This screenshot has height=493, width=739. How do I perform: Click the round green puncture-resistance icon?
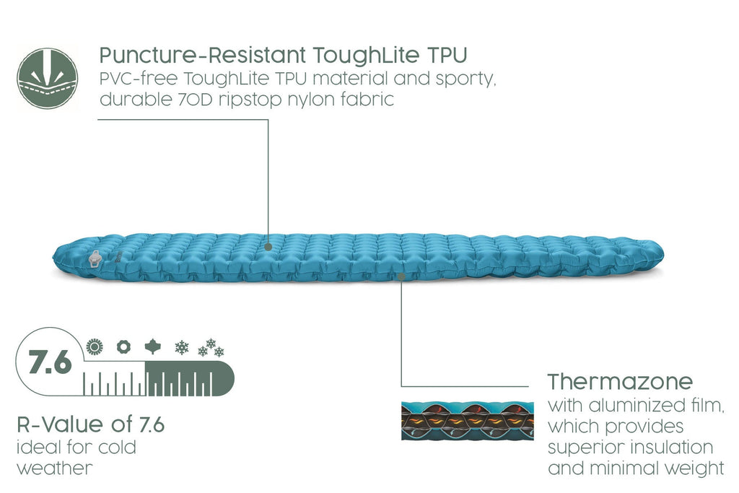(47, 78)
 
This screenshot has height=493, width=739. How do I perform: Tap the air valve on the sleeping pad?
(95, 258)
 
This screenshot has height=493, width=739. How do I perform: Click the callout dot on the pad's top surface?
(268, 247)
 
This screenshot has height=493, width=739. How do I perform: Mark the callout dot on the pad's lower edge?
(401, 276)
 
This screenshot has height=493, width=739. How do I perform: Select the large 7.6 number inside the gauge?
(50, 362)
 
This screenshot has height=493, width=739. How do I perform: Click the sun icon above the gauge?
(95, 347)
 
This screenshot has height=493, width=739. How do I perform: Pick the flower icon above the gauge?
(123, 347)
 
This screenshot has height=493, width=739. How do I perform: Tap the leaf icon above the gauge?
(153, 346)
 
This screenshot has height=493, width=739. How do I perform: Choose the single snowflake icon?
(181, 348)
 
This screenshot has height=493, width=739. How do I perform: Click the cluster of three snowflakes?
(211, 347)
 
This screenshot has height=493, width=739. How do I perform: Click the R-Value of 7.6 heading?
(90, 424)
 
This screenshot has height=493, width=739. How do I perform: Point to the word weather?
(55, 468)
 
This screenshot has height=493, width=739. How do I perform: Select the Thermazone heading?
(620, 381)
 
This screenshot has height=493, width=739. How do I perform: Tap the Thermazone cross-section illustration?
(468, 421)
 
